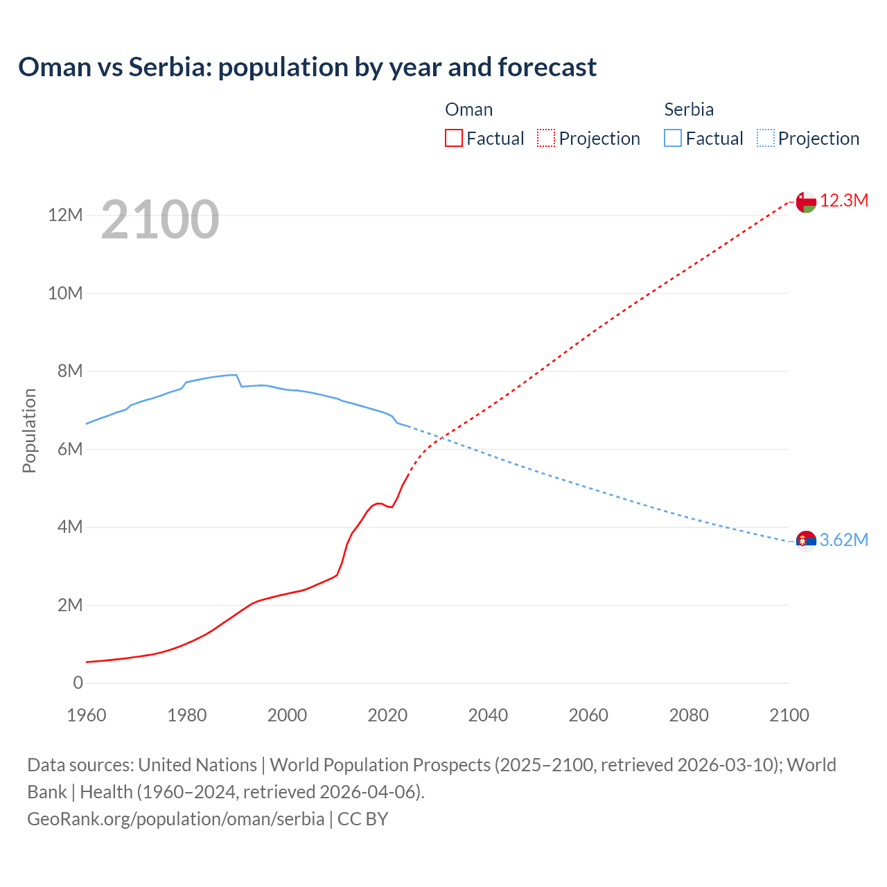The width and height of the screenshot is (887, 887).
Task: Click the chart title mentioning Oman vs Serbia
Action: [307, 67]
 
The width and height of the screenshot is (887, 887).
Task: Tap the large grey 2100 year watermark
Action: [160, 220]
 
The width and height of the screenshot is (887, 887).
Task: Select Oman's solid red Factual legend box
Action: [453, 138]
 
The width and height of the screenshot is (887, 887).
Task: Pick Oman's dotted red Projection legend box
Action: [546, 138]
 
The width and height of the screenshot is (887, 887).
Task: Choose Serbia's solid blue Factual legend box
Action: [673, 138]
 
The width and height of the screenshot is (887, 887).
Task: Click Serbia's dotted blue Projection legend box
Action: [765, 138]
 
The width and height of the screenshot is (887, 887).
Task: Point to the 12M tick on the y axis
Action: [65, 215]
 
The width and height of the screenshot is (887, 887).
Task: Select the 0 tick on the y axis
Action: [78, 683]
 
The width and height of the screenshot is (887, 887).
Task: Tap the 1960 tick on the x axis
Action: [87, 715]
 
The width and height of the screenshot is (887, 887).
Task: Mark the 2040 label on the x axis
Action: [488, 715]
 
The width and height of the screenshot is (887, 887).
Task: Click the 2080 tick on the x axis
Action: [689, 715]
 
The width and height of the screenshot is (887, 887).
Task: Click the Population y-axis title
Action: [29, 430]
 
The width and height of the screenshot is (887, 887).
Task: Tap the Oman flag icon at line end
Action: [806, 202]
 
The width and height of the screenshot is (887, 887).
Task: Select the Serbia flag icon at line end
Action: [806, 541]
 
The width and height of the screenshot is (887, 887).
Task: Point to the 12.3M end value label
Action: [844, 201]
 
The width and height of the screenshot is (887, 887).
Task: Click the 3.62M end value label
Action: [844, 541]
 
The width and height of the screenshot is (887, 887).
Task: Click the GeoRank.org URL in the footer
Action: [176, 818]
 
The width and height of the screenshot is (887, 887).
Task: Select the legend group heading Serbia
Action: [689, 109]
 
